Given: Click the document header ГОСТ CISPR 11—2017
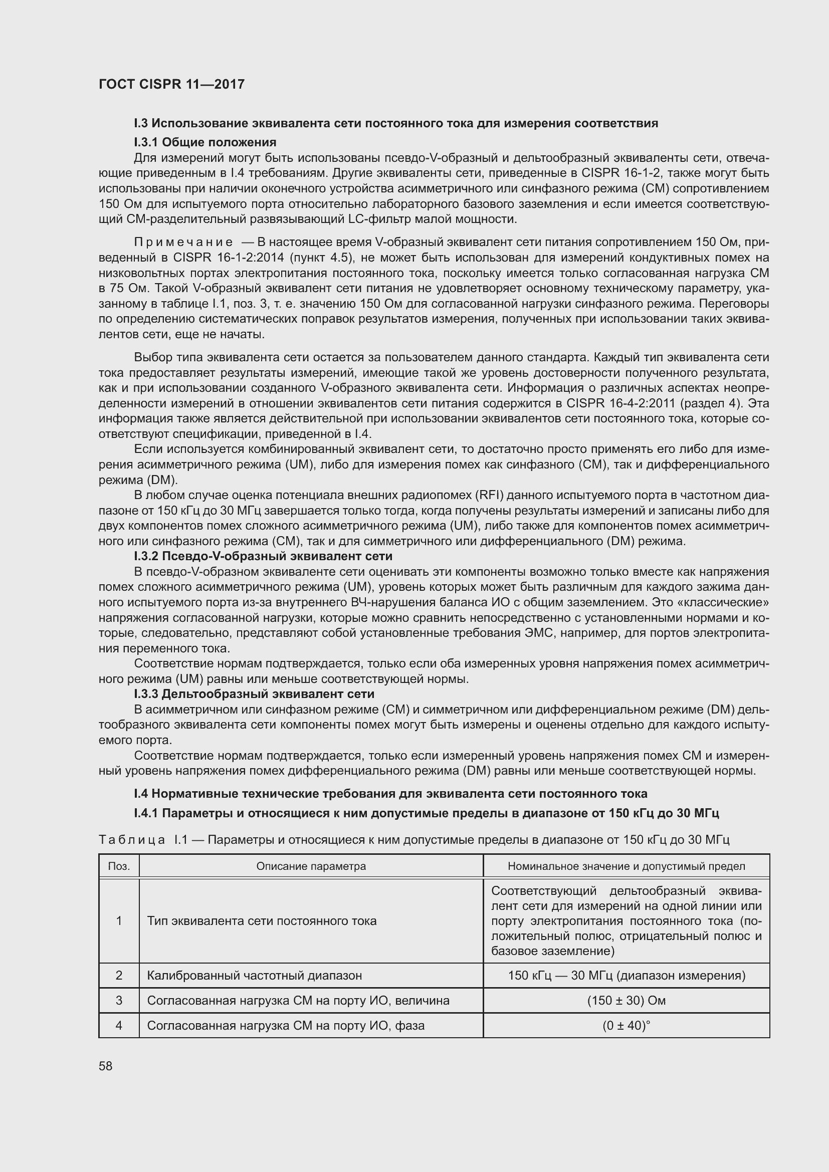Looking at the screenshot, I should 171,84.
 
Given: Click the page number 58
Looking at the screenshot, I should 106,1066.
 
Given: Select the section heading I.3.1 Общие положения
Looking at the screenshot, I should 205,142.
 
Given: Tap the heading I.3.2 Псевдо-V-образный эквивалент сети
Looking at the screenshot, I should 263,556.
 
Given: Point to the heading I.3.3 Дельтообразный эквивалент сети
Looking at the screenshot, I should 254,693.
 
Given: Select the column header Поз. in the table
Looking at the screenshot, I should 119,866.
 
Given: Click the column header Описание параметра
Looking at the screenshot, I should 311,866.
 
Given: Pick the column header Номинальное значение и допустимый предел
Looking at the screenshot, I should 626,866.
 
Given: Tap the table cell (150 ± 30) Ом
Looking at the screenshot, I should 626,1001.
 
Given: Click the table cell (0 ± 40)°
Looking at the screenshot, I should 626,1026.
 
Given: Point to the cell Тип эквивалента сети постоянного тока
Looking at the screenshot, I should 261,921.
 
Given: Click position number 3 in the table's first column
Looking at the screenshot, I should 119,1001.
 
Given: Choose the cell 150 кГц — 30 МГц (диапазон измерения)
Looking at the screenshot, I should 626,976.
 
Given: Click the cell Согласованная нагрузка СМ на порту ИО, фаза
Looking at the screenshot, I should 285,1026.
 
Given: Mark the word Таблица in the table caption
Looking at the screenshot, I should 132,840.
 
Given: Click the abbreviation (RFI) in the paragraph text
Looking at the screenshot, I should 489,495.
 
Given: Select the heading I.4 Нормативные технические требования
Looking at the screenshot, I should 390,794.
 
